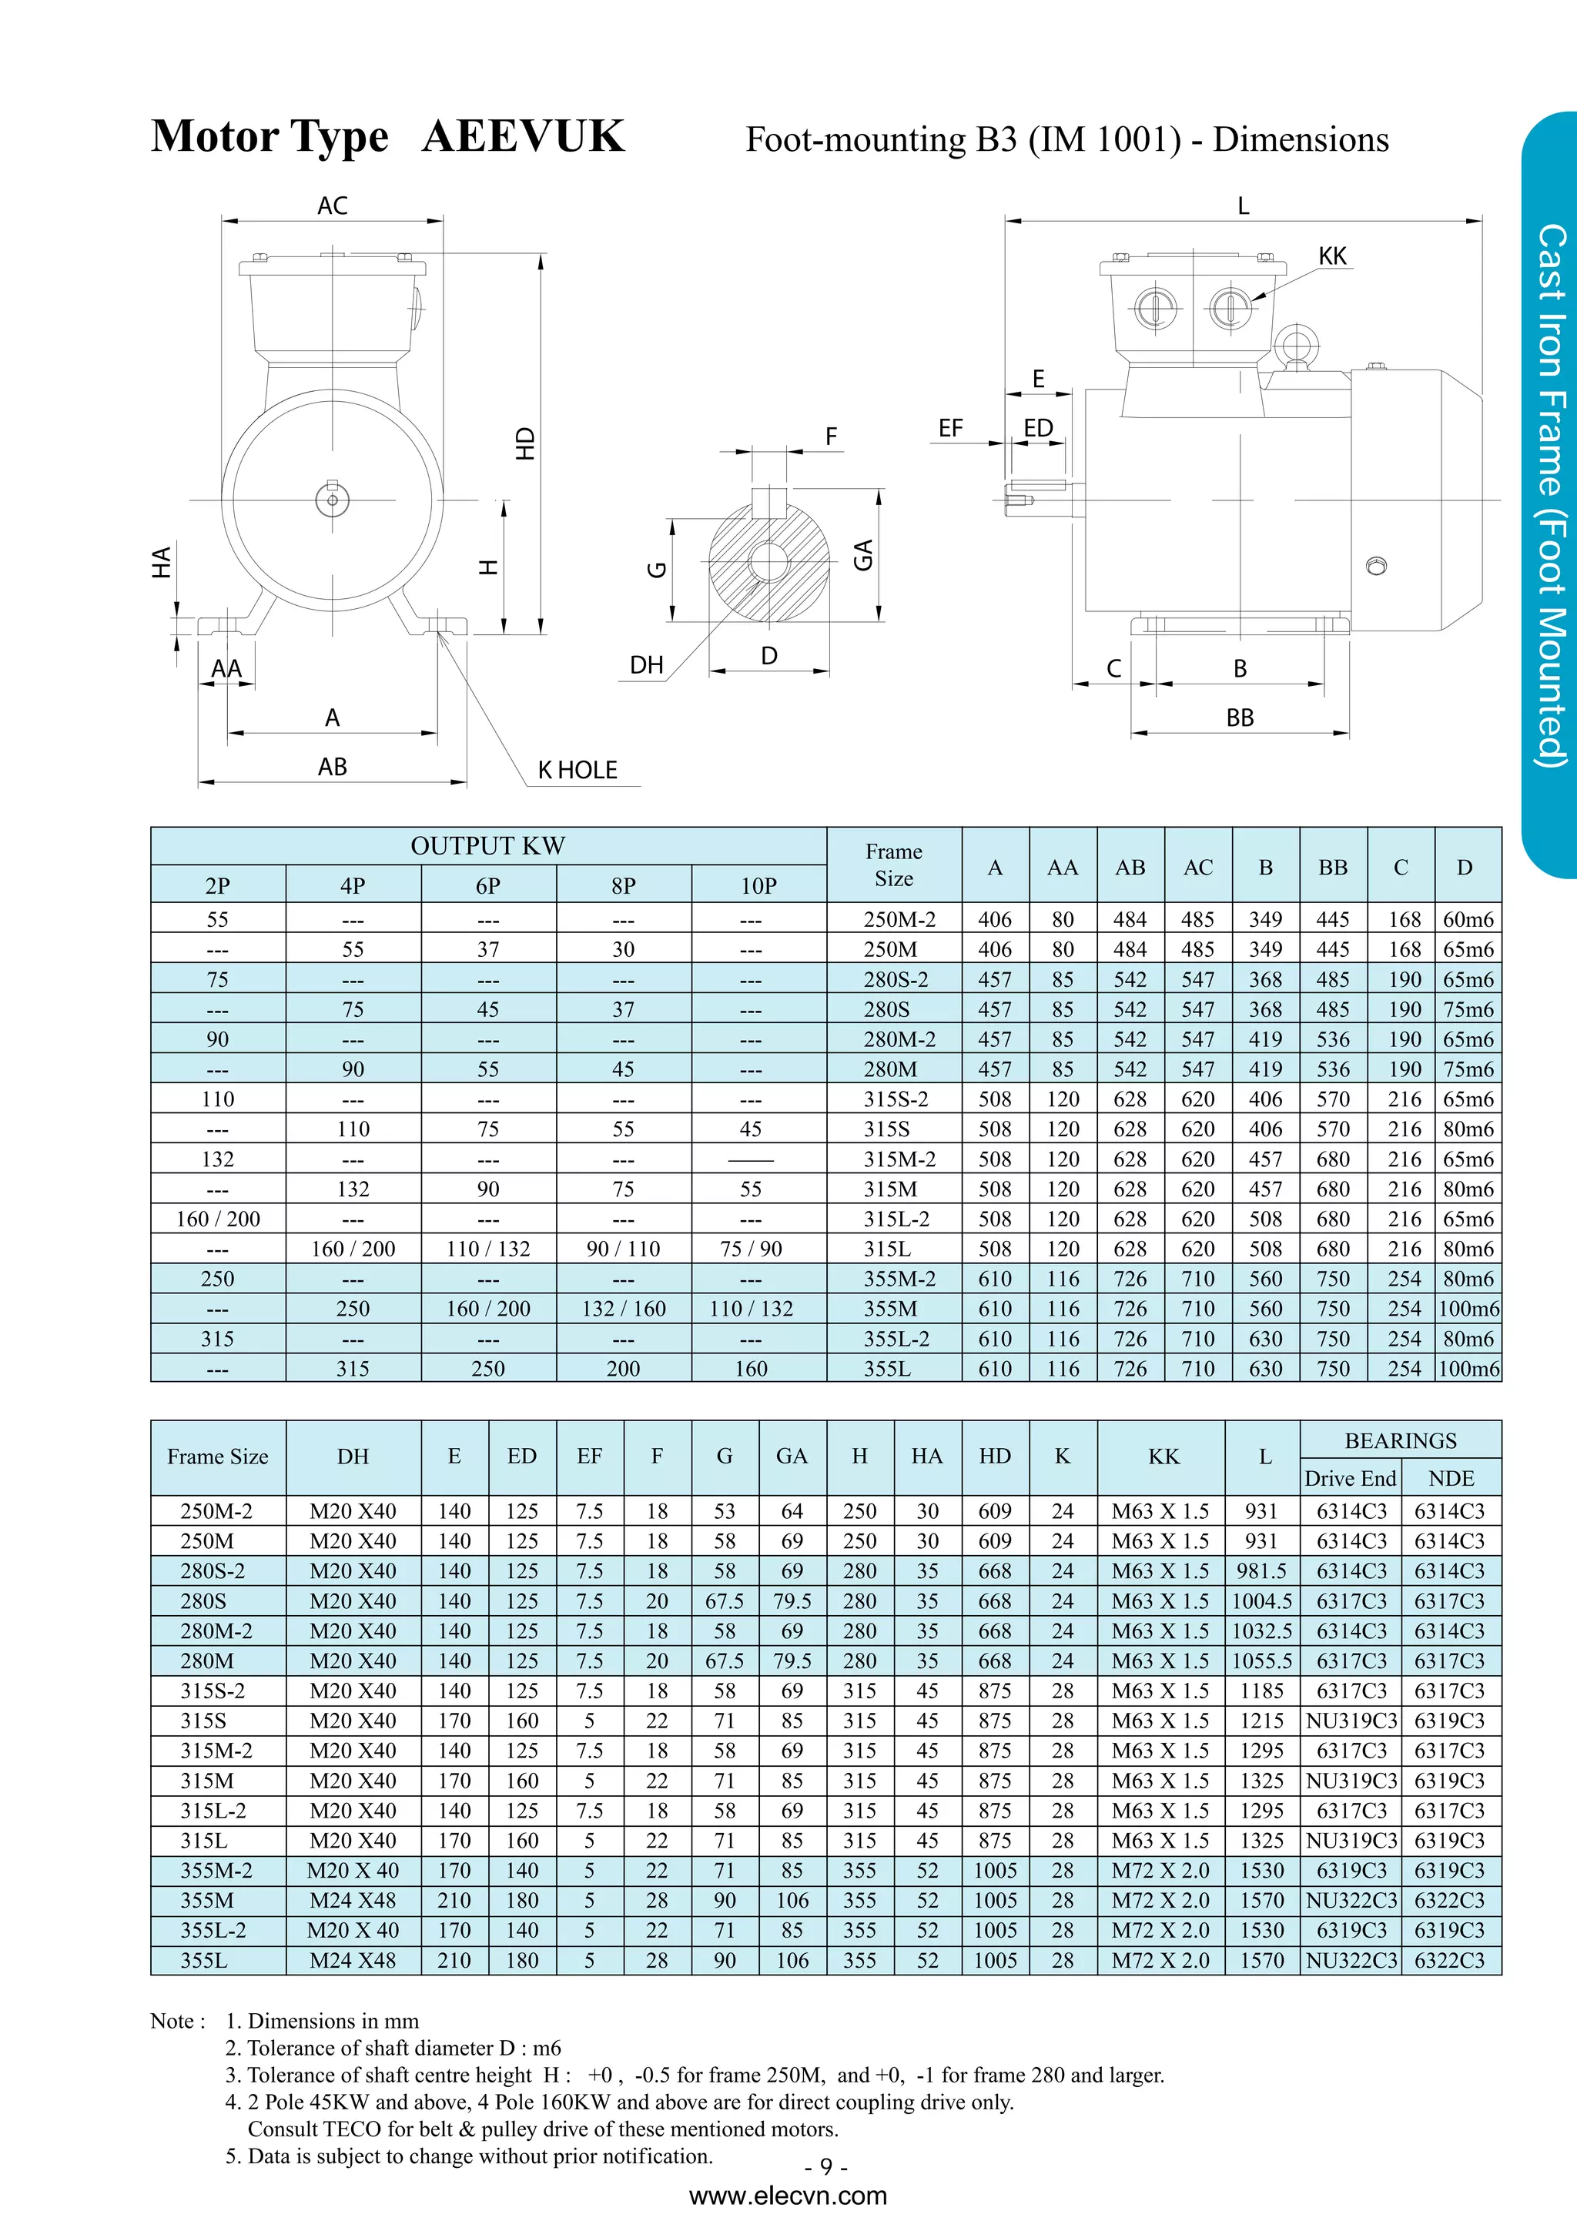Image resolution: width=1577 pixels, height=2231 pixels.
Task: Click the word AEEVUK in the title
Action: coord(523,137)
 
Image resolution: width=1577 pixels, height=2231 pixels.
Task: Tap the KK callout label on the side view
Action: coord(1332,256)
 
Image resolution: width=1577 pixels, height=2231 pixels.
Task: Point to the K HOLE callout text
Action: coord(578,771)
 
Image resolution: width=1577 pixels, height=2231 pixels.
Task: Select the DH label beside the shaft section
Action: coord(646,666)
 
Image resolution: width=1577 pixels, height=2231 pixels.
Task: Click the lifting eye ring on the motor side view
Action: coord(1296,345)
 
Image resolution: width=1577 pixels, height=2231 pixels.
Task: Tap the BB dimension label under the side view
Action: coord(1240,718)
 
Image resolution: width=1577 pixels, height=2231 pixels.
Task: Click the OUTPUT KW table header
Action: coord(487,846)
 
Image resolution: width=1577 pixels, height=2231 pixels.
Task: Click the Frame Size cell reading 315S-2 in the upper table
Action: coord(895,1099)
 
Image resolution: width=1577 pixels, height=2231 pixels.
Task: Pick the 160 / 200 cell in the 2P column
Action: coord(218,1219)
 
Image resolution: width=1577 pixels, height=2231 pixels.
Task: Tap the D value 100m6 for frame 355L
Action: coord(1468,1369)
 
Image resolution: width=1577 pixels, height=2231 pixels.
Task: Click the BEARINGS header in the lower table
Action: coord(1400,1441)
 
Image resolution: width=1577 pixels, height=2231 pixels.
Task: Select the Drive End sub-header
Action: coord(1350,1479)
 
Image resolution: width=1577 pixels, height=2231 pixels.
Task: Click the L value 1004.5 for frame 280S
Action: coord(1262,1601)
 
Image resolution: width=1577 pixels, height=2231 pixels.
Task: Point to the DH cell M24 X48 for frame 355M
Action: coord(353,1901)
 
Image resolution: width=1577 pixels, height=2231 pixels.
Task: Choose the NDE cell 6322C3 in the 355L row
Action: coord(1450,1961)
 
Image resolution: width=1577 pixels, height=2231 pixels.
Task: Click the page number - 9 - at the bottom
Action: coord(826,2167)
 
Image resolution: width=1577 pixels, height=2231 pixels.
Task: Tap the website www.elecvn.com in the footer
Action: coord(788,2197)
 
